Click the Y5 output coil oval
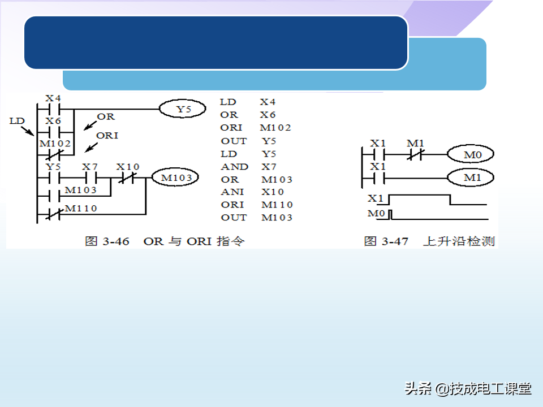click(x=182, y=108)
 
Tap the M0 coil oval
click(x=470, y=154)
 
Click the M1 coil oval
click(x=470, y=179)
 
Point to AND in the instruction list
click(x=234, y=167)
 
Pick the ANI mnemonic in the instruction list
click(x=232, y=192)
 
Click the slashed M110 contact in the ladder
click(x=53, y=214)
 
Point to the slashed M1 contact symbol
click(x=415, y=154)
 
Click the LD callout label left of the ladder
click(x=18, y=121)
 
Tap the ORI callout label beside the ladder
click(x=107, y=136)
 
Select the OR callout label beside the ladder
click(x=105, y=117)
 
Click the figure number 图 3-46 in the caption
click(x=107, y=241)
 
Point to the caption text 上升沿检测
click(x=459, y=241)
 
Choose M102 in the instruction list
click(x=275, y=128)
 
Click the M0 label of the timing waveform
click(x=376, y=214)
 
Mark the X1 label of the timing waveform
click(x=376, y=199)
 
